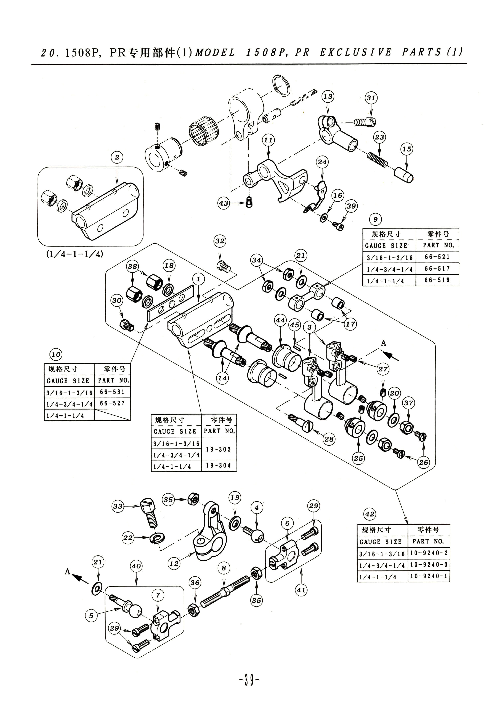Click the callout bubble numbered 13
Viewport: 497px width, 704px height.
pyautogui.click(x=328, y=96)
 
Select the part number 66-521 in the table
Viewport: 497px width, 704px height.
pyautogui.click(x=437, y=257)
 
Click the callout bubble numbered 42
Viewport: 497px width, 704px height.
pyautogui.click(x=370, y=514)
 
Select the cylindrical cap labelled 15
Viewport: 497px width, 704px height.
pyautogui.click(x=403, y=175)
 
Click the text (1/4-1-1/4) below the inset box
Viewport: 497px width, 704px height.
pyautogui.click(x=75, y=254)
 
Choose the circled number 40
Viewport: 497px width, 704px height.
pyautogui.click(x=136, y=566)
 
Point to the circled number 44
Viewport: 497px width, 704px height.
pyautogui.click(x=280, y=320)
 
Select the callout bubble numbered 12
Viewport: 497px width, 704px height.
pyautogui.click(x=174, y=563)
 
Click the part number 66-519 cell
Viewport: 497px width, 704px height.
pyautogui.click(x=437, y=280)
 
